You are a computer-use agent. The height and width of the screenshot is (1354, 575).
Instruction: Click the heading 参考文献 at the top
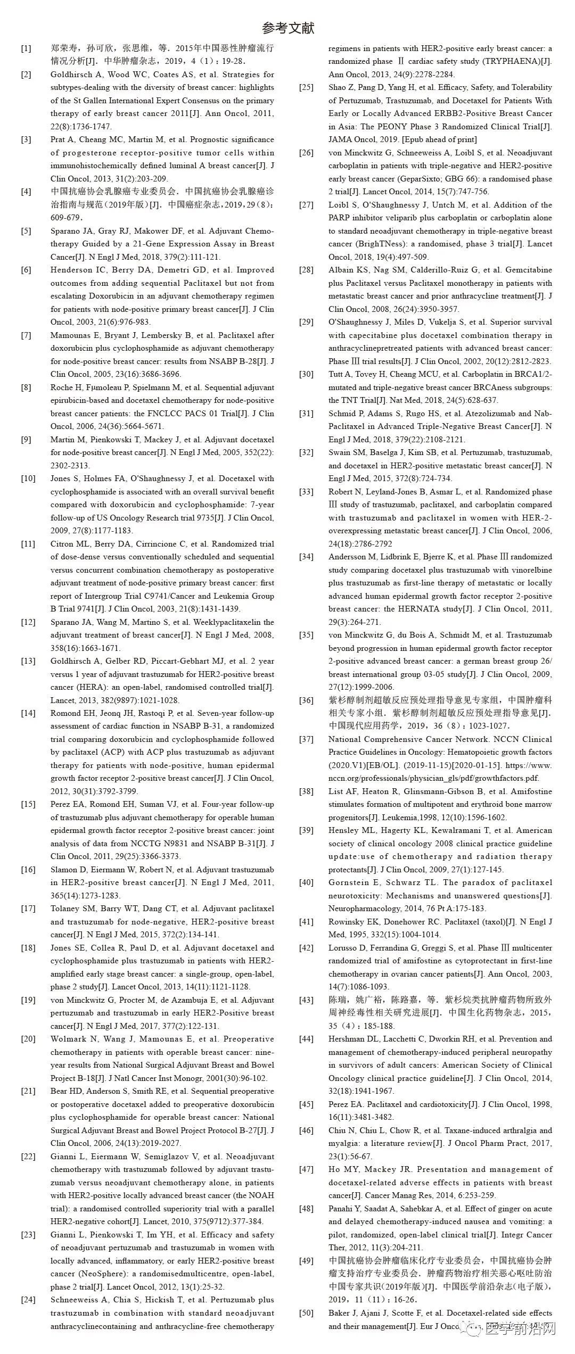point(288,28)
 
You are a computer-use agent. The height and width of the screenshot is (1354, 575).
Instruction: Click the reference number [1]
point(26,48)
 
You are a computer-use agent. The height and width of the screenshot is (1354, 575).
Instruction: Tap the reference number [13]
point(28,661)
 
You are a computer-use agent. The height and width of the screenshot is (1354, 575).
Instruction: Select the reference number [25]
point(306,87)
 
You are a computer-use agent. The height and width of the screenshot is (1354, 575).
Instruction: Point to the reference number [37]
point(306,739)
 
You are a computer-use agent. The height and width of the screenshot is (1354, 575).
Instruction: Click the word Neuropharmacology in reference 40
point(364,909)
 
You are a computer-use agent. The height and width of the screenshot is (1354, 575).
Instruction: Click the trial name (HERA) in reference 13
point(86,687)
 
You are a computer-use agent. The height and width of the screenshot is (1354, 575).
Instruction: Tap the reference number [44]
point(306,1039)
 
